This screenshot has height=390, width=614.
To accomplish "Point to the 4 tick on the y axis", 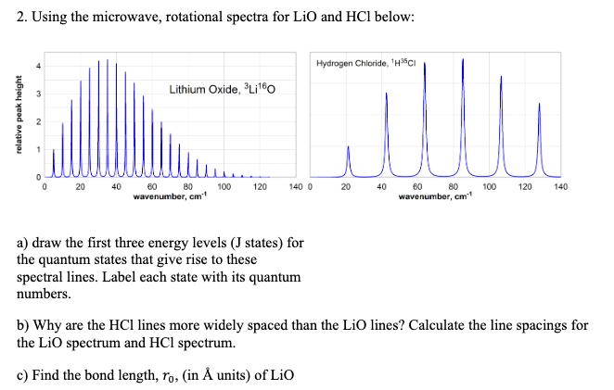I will point(38,65).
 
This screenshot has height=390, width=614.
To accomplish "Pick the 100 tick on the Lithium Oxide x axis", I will point(224,186).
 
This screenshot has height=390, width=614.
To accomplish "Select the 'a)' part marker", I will point(25,244).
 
